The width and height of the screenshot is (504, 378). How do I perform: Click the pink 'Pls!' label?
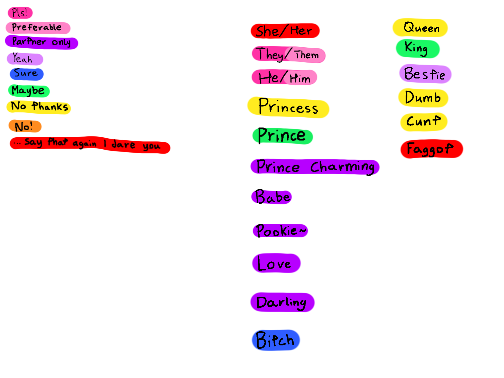(20, 13)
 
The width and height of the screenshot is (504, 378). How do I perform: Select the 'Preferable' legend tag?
(38, 28)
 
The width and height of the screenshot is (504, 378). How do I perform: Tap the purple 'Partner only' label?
(41, 42)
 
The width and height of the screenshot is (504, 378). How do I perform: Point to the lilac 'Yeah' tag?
(25, 59)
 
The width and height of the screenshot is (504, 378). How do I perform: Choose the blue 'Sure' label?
(27, 74)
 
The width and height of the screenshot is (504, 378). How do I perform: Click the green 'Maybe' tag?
(29, 91)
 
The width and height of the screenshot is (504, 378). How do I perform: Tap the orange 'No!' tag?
(25, 126)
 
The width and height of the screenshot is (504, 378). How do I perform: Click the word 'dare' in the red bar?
(123, 145)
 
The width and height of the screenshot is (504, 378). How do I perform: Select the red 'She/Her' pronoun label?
(285, 31)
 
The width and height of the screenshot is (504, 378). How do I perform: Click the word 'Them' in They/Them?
(307, 55)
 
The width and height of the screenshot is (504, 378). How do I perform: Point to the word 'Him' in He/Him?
(300, 78)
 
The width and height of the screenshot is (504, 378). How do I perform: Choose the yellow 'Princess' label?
(288, 107)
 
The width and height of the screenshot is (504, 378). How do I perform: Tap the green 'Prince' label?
(282, 136)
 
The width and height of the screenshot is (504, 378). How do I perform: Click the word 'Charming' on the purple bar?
(342, 167)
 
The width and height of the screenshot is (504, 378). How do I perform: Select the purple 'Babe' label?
(272, 197)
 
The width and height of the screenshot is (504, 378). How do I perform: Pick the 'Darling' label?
(282, 302)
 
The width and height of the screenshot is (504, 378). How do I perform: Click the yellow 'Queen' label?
(420, 28)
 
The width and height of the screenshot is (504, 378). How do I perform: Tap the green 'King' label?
(417, 49)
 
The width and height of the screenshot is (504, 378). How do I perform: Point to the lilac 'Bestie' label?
(425, 74)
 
